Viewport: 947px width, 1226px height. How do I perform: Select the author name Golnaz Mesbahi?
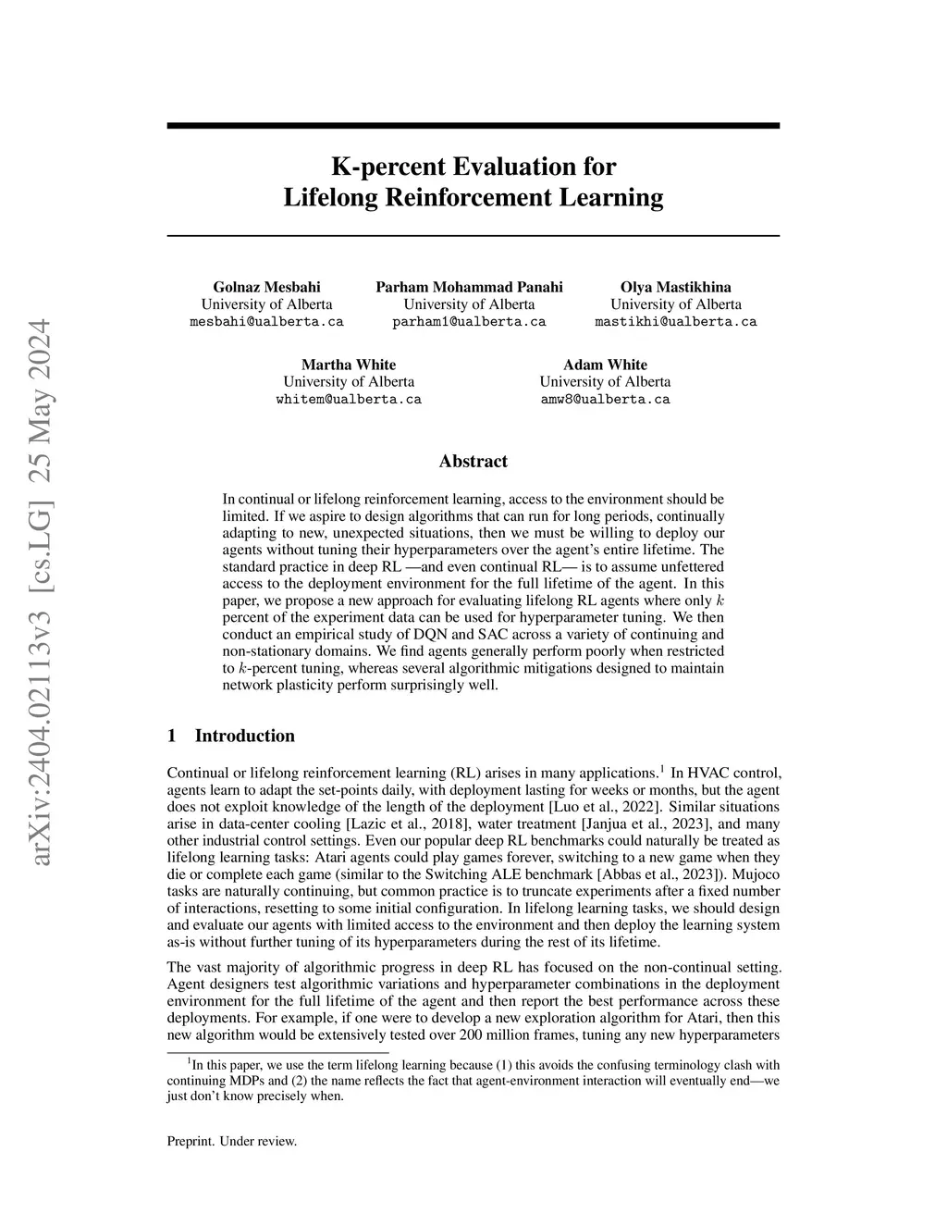pyautogui.click(x=266, y=287)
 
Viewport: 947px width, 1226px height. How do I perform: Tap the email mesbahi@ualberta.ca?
pyautogui.click(x=266, y=322)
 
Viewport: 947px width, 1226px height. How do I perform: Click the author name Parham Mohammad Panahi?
pyautogui.click(x=469, y=287)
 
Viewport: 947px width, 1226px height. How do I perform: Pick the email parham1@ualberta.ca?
pyautogui.click(x=469, y=322)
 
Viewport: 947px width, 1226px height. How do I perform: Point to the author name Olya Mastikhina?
pyautogui.click(x=675, y=287)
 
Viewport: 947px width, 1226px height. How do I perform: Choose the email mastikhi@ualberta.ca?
pyautogui.click(x=675, y=322)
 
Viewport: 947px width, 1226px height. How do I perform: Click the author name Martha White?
pyautogui.click(x=349, y=365)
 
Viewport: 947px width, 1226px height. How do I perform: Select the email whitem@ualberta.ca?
pyautogui.click(x=349, y=400)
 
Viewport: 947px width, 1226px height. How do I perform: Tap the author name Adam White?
pyautogui.click(x=605, y=365)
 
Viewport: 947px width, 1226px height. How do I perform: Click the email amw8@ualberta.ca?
pyautogui.click(x=605, y=400)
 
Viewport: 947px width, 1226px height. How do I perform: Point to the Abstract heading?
pyautogui.click(x=473, y=461)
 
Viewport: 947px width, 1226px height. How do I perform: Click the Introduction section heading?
pyautogui.click(x=244, y=736)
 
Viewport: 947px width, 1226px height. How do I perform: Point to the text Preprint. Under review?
pyautogui.click(x=231, y=1141)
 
